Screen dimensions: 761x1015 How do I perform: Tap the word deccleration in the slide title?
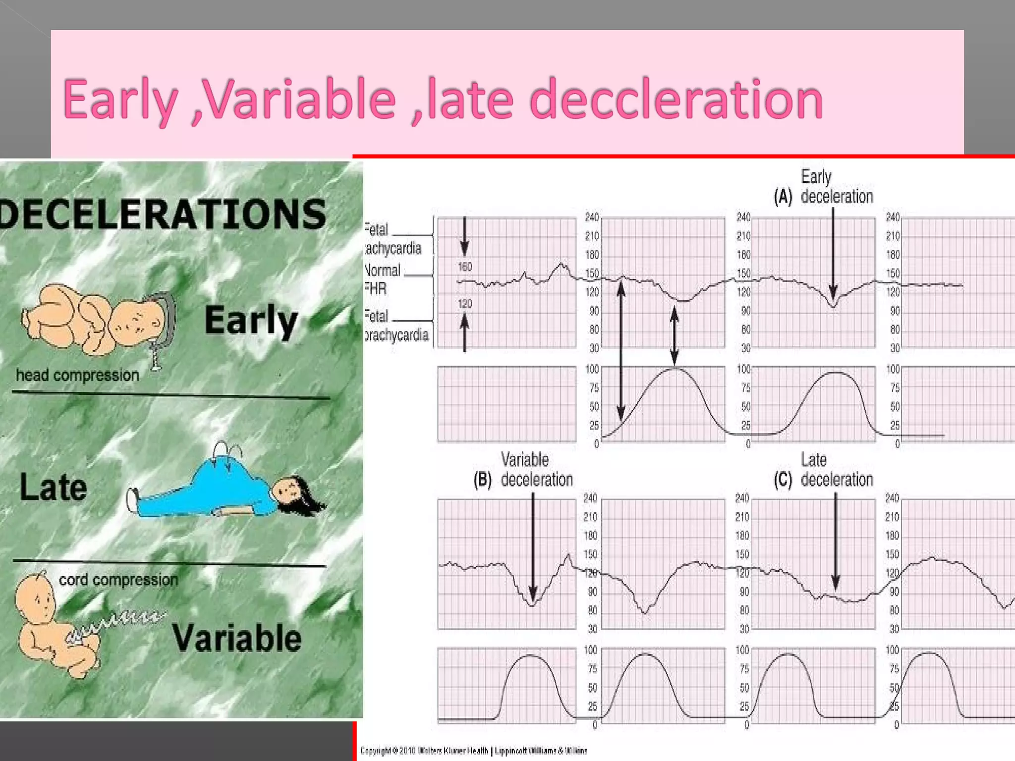676,100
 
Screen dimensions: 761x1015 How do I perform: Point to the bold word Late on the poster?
54,488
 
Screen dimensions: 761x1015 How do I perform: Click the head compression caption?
78,375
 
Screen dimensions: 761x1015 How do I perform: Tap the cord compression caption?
118,579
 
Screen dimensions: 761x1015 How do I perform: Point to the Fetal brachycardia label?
395,326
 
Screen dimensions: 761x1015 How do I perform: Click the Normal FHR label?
382,279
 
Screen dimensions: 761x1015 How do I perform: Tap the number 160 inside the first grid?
465,267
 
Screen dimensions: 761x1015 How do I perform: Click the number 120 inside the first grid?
465,304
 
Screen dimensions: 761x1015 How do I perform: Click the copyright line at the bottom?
473,751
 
